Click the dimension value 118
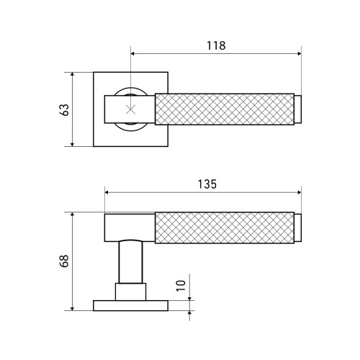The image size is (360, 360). pyautogui.click(x=216, y=45)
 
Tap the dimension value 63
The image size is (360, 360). pyautogui.click(x=65, y=110)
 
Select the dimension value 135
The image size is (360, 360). pyautogui.click(x=207, y=184)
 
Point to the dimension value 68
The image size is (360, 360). pyautogui.click(x=64, y=261)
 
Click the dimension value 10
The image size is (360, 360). pyautogui.click(x=181, y=286)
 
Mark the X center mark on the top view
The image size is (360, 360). pyautogui.click(x=131, y=109)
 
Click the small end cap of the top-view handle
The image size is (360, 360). pyautogui.click(x=297, y=109)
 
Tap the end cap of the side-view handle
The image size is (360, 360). pyautogui.click(x=297, y=228)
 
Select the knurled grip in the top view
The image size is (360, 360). pyautogui.click(x=225, y=109)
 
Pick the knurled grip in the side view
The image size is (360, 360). pyautogui.click(x=225, y=228)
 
